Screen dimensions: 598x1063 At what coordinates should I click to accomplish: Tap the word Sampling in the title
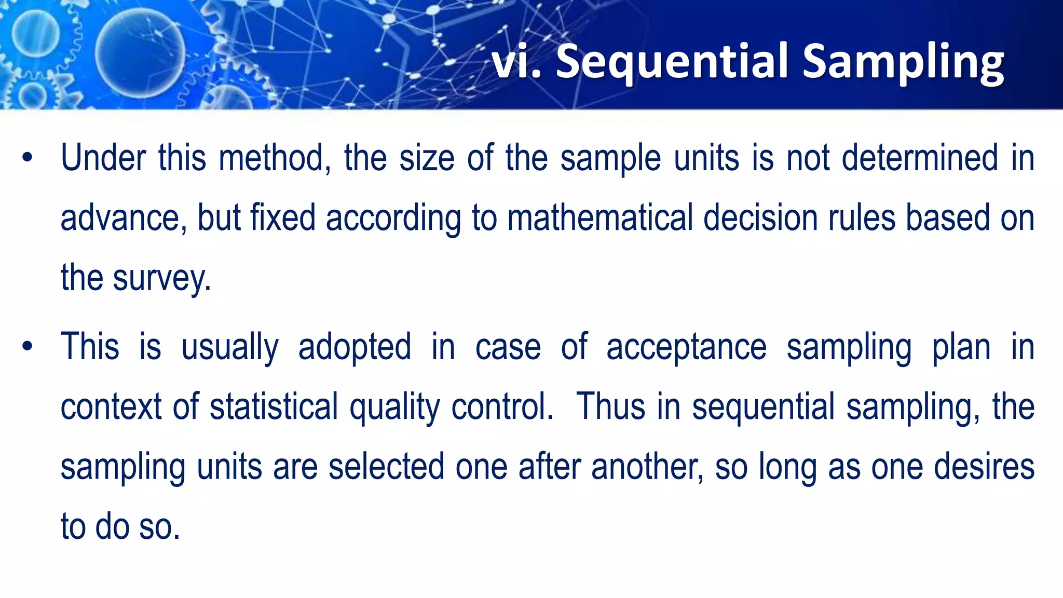pyautogui.click(x=903, y=62)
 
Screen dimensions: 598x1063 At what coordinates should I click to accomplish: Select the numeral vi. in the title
pyautogui.click(x=516, y=62)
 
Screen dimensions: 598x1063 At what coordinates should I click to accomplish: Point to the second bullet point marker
pyautogui.click(x=28, y=346)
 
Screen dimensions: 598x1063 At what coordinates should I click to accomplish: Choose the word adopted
pyautogui.click(x=355, y=347)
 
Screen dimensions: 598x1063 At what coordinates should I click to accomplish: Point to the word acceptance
pyautogui.click(x=686, y=347)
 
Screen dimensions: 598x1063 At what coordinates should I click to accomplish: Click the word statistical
pyautogui.click(x=274, y=406)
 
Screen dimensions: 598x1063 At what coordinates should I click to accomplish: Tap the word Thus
pyautogui.click(x=611, y=406)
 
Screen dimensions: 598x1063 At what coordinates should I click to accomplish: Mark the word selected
pyautogui.click(x=386, y=467)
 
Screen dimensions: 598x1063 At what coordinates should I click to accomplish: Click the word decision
pyautogui.click(x=760, y=218)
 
